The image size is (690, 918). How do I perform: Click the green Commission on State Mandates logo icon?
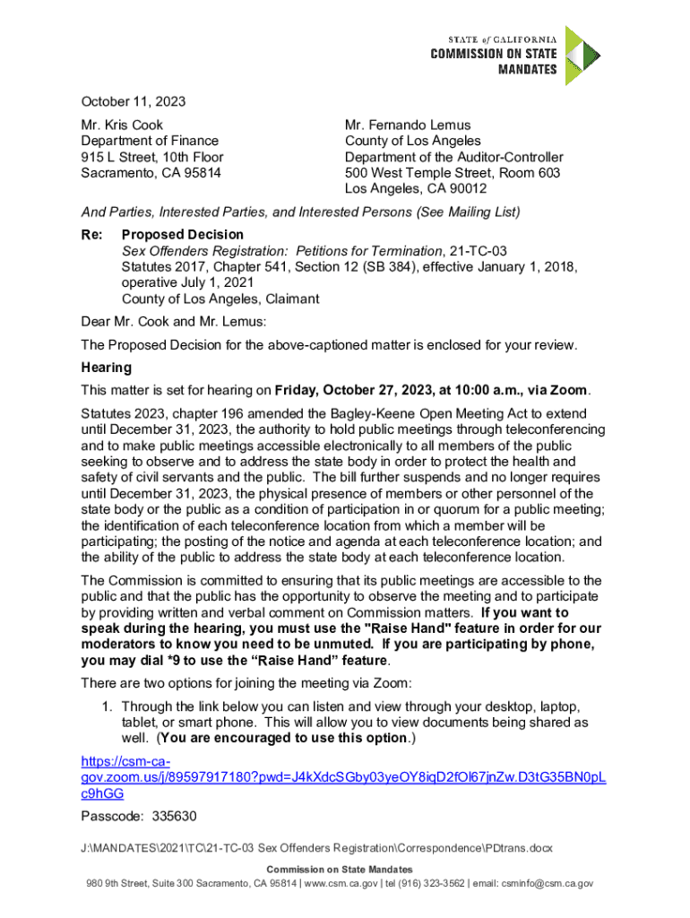pos(582,56)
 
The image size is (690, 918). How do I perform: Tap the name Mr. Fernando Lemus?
pos(408,126)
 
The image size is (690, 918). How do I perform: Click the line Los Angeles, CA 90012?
pos(416,189)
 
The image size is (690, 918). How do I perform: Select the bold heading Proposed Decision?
pos(183,235)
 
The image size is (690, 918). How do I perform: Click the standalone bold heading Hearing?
pos(107,368)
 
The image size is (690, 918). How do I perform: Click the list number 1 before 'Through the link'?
pos(108,706)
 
